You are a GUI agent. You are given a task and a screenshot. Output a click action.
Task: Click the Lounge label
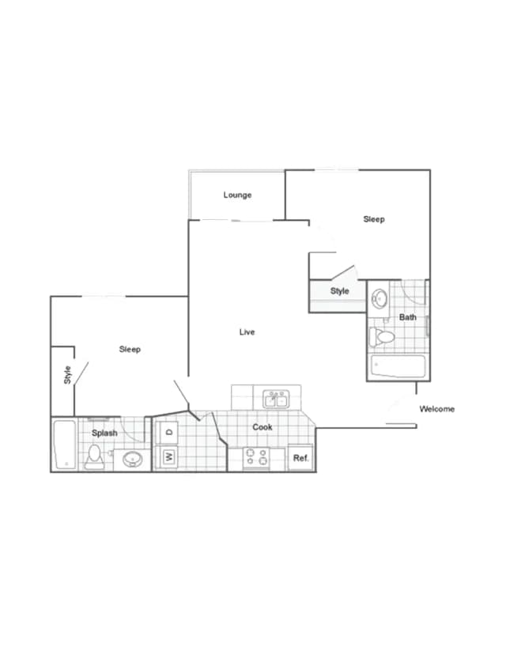[237, 195]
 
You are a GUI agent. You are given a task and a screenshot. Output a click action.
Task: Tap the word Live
[247, 332]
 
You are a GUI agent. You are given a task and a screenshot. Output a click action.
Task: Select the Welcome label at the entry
[436, 409]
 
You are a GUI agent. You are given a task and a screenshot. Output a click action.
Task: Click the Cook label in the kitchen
[262, 427]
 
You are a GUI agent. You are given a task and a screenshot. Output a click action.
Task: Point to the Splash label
[104, 433]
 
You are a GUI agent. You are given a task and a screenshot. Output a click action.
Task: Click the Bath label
[407, 317]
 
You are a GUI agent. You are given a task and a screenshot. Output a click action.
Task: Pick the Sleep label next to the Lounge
[374, 219]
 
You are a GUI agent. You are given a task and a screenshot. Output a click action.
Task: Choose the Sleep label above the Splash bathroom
[130, 349]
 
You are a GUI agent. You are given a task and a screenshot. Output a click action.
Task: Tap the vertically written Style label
[67, 374]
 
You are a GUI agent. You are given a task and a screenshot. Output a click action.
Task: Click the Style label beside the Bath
[339, 291]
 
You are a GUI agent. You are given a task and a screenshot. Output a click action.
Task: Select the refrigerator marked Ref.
[300, 458]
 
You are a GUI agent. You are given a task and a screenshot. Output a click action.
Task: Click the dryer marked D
[168, 433]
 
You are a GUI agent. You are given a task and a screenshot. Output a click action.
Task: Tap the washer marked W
[168, 456]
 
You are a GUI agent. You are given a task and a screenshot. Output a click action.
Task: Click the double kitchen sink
[275, 397]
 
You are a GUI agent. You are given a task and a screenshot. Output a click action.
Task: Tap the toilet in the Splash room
[94, 456]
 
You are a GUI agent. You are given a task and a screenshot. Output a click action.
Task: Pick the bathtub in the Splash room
[64, 445]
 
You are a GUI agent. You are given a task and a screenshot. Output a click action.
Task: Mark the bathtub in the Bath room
[398, 367]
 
